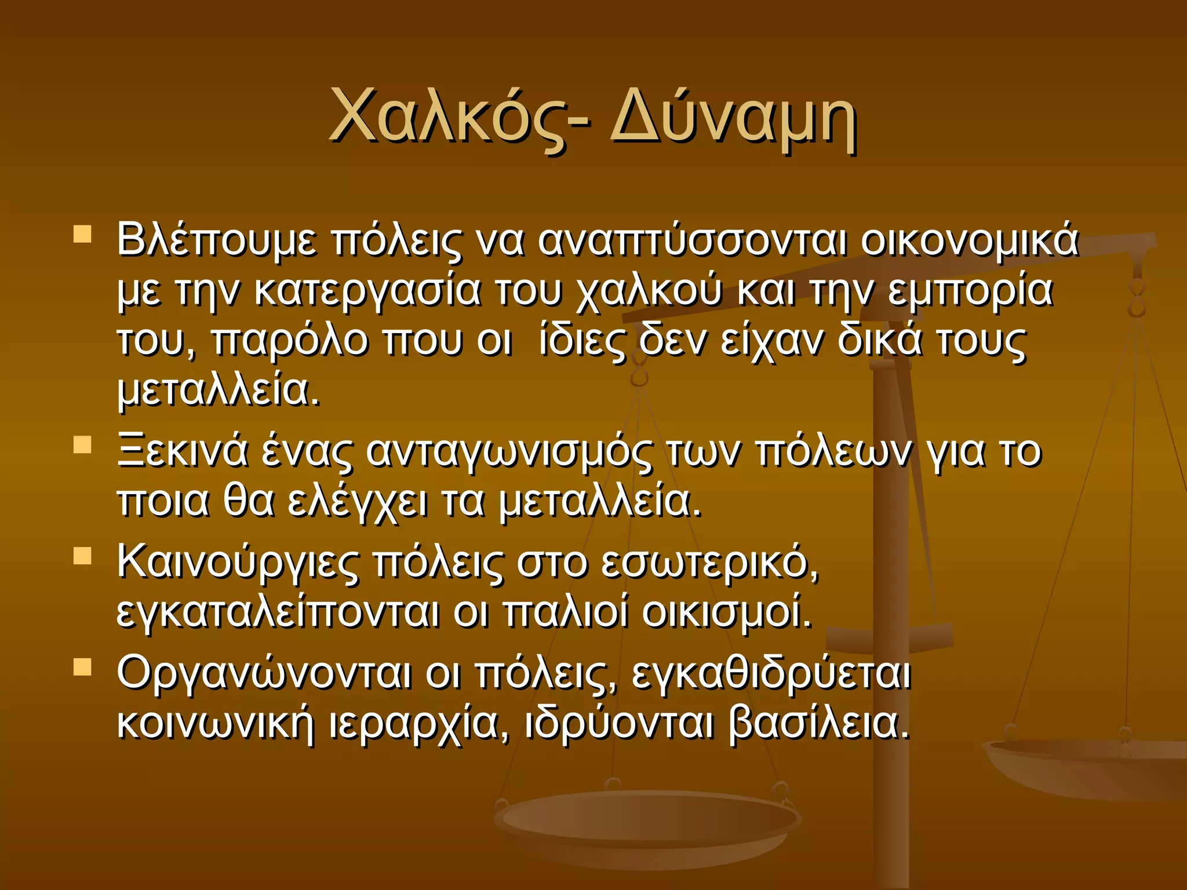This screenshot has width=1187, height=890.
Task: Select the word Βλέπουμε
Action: [217, 240]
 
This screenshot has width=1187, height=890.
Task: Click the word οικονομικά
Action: [969, 240]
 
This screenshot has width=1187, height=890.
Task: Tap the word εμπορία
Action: [970, 291]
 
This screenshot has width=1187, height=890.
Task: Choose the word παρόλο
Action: [289, 341]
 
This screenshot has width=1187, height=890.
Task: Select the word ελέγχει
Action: [357, 502]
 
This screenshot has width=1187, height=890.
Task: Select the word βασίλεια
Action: [819, 722]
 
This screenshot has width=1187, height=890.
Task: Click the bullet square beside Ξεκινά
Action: [83, 445]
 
